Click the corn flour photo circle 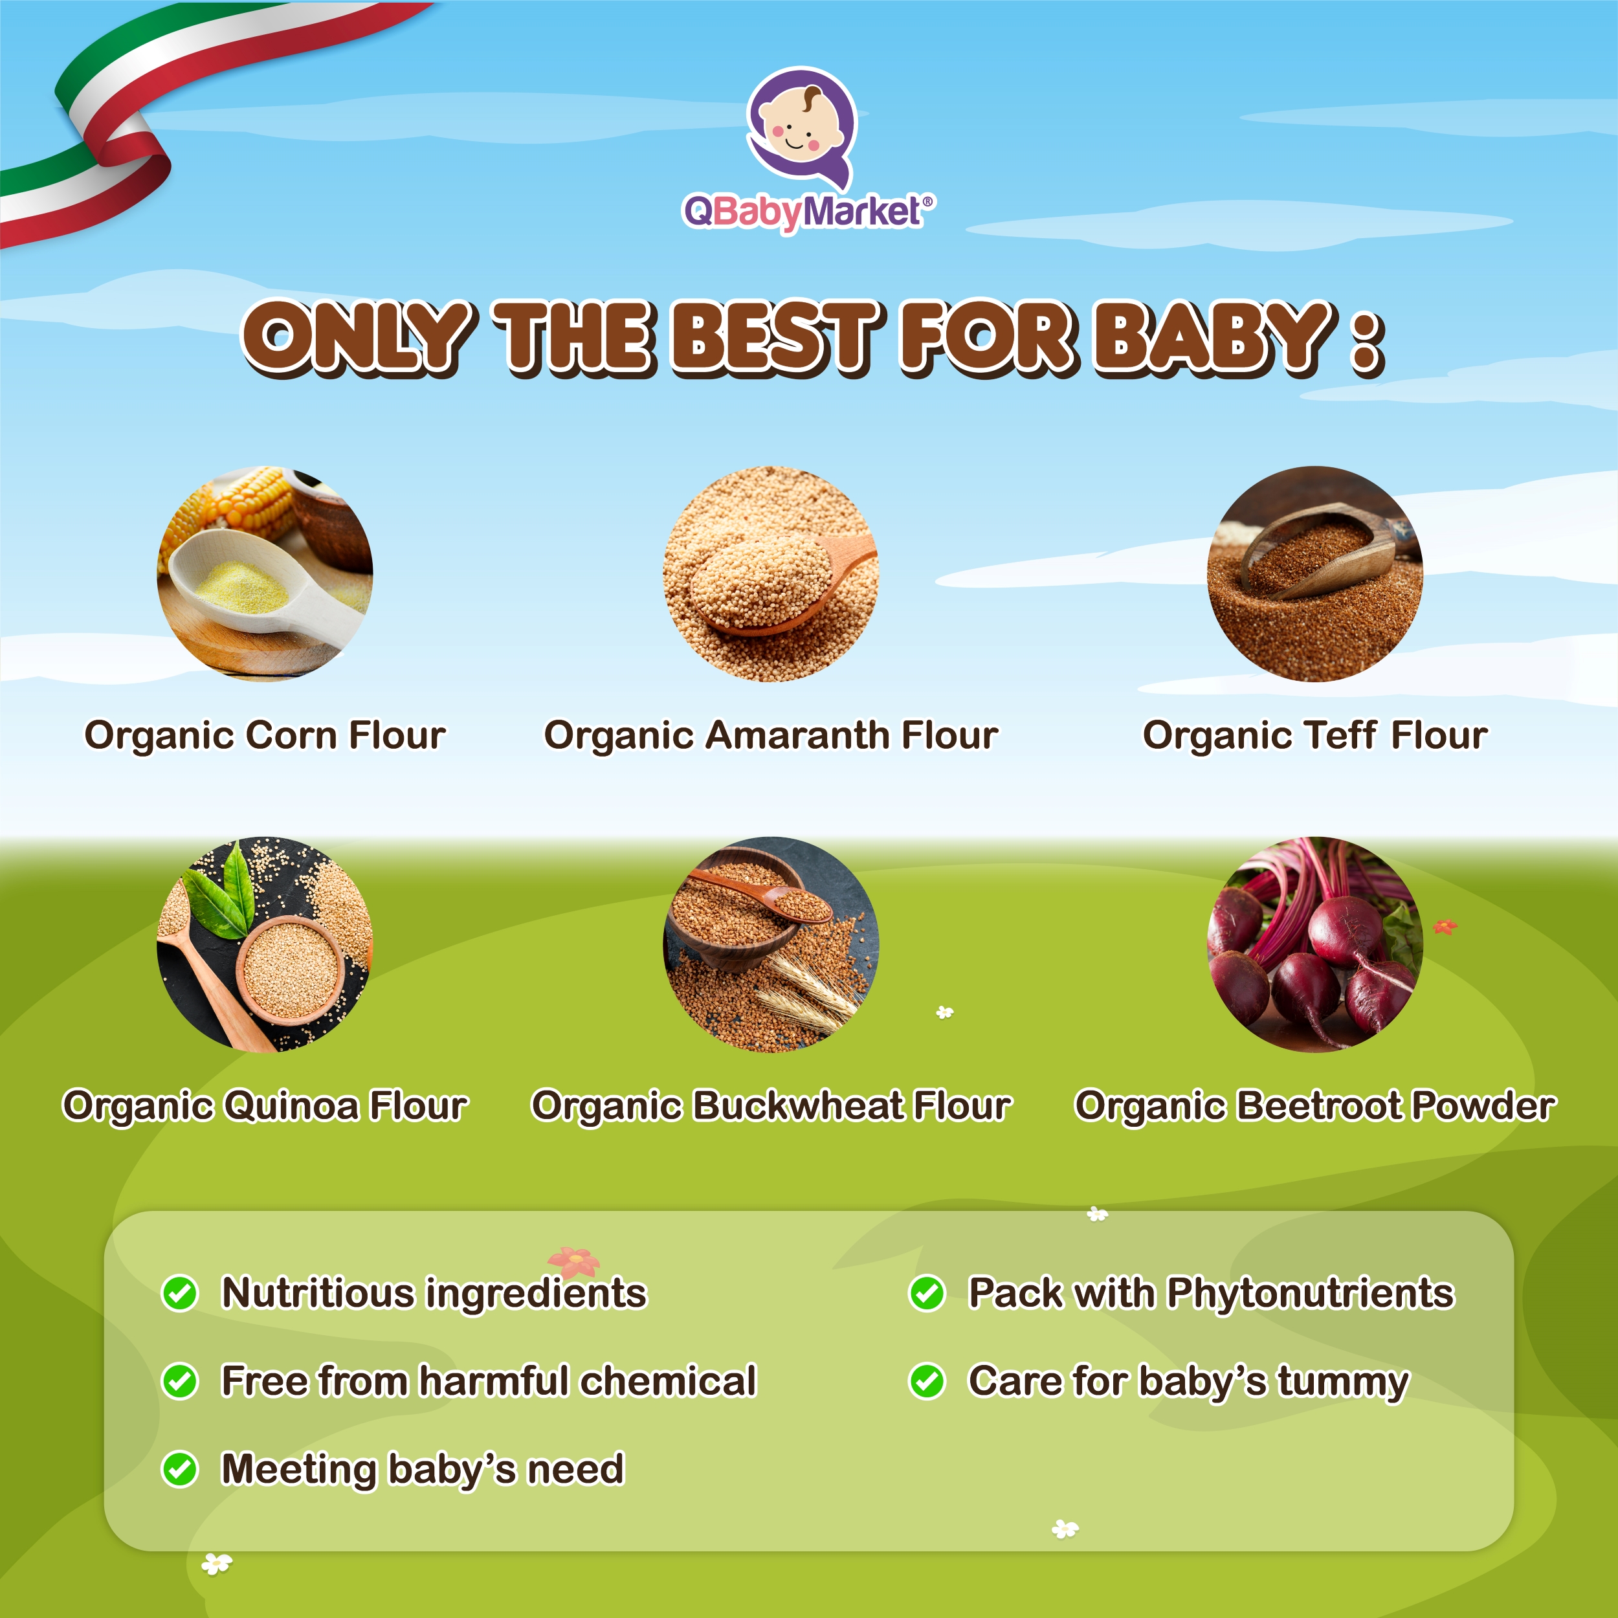pyautogui.click(x=265, y=573)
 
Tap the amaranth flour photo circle pyautogui.click(x=770, y=573)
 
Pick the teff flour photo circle pyautogui.click(x=1315, y=573)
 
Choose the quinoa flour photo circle pyautogui.click(x=265, y=944)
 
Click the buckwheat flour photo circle pyautogui.click(x=770, y=944)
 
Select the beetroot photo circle pyautogui.click(x=1315, y=944)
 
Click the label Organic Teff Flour pyautogui.click(x=1315, y=735)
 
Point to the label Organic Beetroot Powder pyautogui.click(x=1315, y=1105)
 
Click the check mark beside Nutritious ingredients pyautogui.click(x=179, y=1293)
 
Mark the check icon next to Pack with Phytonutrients pyautogui.click(x=927, y=1293)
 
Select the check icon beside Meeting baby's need pyautogui.click(x=179, y=1469)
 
